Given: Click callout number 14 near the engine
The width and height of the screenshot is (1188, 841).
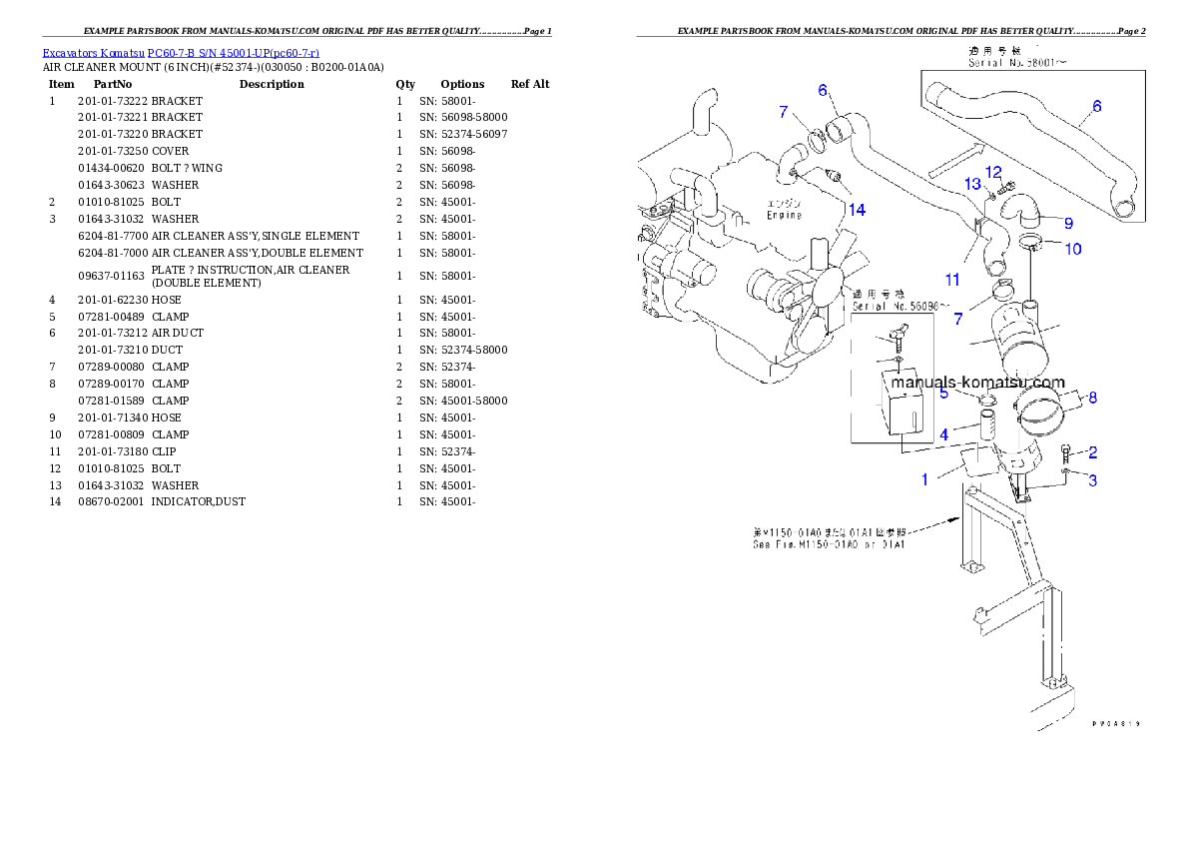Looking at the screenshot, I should (857, 209).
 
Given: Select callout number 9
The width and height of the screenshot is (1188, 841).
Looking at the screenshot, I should (1067, 223).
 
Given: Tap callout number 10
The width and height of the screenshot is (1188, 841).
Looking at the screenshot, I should (1072, 249).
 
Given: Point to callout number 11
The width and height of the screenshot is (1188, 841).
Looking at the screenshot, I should (952, 281).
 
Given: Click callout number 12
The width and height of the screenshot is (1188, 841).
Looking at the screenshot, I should (993, 172).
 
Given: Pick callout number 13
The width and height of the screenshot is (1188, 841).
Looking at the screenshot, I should (972, 184).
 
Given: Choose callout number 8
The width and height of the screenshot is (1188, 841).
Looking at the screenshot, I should (1092, 398).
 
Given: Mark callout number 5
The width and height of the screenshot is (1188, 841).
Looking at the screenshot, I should (943, 393).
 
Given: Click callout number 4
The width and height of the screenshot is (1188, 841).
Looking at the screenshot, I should (943, 434).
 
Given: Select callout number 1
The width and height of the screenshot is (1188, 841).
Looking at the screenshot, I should (924, 479).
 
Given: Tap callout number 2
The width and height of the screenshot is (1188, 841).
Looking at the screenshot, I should (1093, 452).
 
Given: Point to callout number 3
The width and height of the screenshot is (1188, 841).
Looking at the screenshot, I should (1093, 480).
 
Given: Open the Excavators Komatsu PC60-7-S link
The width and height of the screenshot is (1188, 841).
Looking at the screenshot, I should (181, 52).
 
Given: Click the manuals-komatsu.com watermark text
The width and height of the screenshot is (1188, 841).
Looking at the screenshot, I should (977, 382).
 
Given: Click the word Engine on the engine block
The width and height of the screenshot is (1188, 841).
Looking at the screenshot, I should (785, 215).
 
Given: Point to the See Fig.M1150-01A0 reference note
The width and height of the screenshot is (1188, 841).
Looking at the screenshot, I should (829, 544).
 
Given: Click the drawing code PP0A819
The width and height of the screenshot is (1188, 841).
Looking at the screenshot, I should (1115, 724).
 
